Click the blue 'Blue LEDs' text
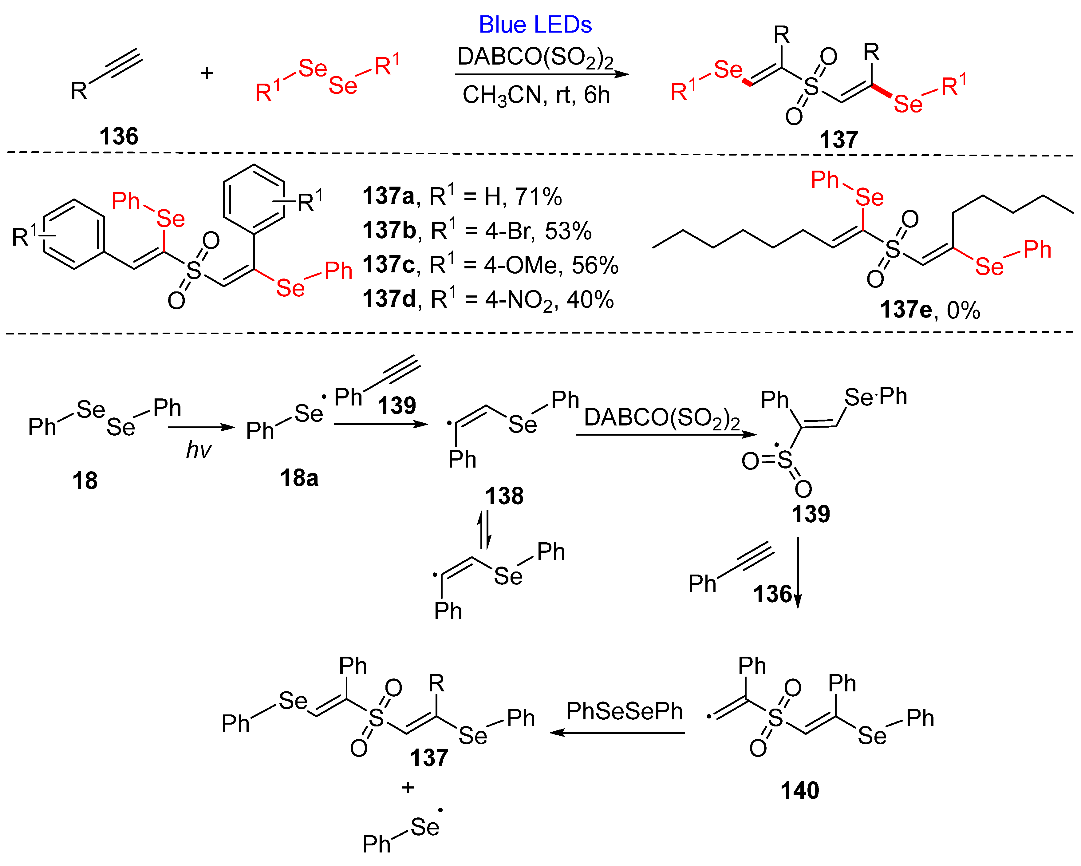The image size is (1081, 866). tap(535, 25)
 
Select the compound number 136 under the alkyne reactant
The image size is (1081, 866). tap(119, 136)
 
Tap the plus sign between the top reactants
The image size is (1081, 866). tap(207, 74)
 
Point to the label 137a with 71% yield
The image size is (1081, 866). tap(462, 196)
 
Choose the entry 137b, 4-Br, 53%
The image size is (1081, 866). tap(477, 231)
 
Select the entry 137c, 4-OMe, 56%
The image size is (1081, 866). tap(490, 265)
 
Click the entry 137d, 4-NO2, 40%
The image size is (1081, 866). tap(488, 299)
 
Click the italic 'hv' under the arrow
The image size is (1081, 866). tap(199, 450)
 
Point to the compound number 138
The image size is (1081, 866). tap(504, 496)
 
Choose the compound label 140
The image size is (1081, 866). tap(800, 791)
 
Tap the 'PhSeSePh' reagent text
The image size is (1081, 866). tap(624, 711)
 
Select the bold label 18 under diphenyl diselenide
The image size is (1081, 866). tap(85, 480)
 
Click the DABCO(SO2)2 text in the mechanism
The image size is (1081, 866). tap(662, 418)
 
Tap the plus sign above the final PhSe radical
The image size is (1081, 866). tap(408, 788)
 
